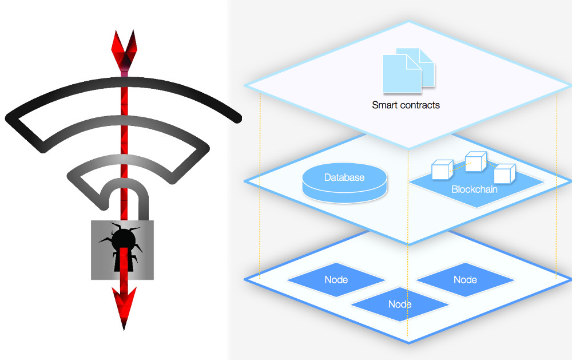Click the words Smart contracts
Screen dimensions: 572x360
(406, 105)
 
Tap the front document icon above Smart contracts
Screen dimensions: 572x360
(402, 74)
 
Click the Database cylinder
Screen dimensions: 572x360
(344, 182)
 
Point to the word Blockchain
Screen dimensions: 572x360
(474, 189)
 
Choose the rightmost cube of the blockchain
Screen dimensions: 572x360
(505, 174)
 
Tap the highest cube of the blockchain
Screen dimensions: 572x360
(476, 161)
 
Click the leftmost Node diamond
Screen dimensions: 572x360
(336, 280)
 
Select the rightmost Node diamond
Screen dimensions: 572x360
(465, 280)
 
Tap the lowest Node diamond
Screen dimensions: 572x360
(400, 304)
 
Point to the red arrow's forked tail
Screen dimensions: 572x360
(124, 50)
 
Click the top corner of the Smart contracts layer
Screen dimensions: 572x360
(408, 22)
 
